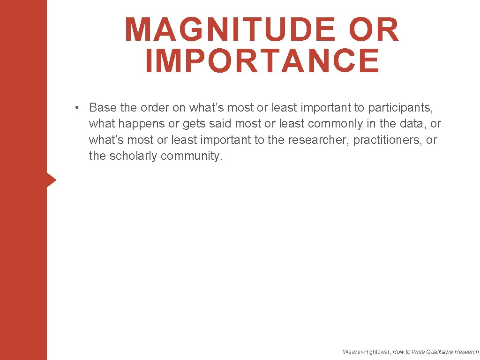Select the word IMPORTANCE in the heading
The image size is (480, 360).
[x=262, y=61]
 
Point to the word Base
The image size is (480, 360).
[x=103, y=108]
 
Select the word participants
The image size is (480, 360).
[x=400, y=108]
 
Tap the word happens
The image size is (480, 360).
[x=141, y=124]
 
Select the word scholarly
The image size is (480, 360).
[x=133, y=156]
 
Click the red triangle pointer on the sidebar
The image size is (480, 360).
[x=51, y=180]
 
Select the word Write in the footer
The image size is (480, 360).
[x=419, y=352]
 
